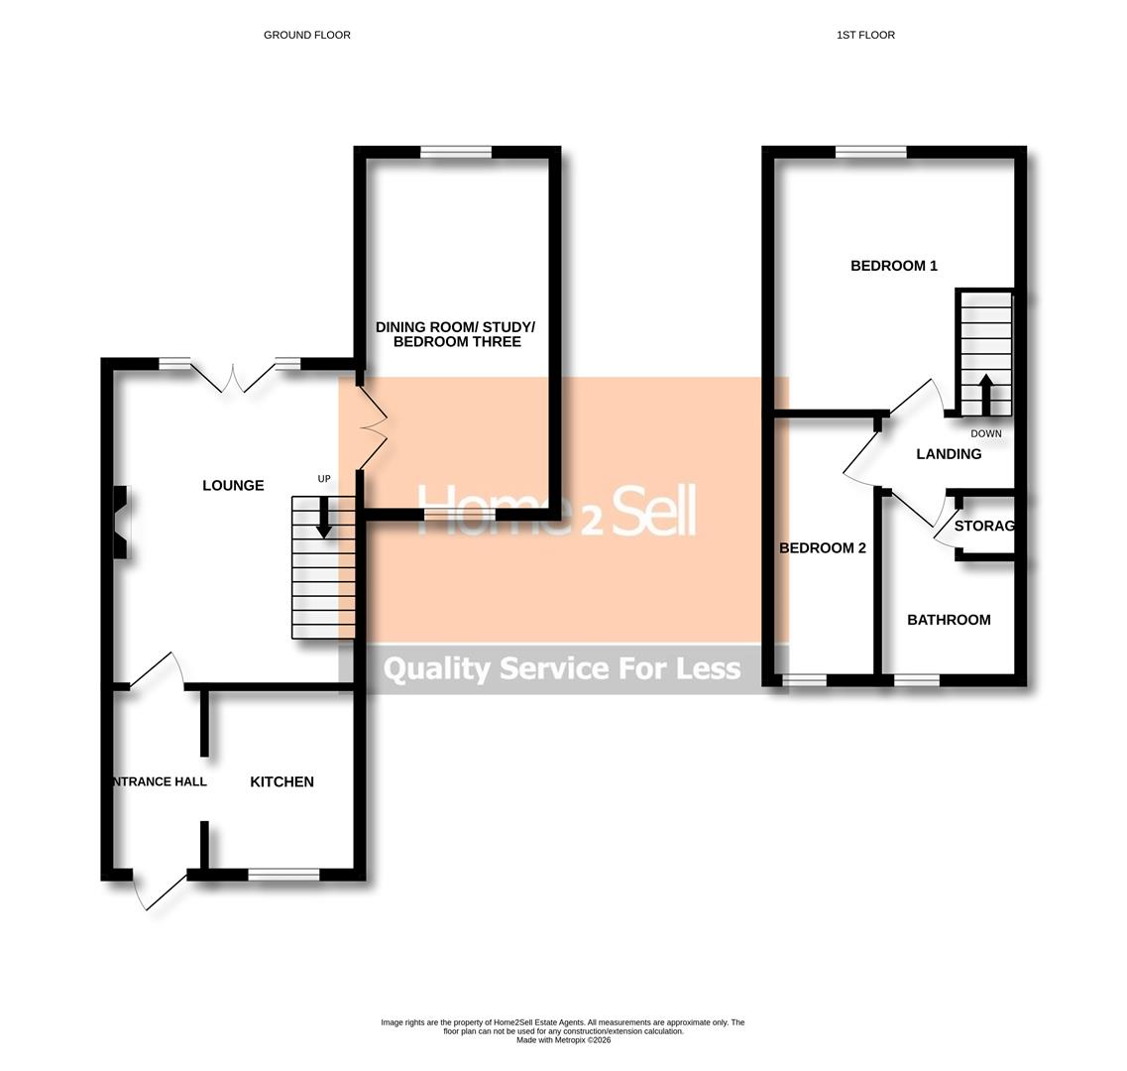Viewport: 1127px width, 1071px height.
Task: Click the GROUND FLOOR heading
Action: (x=306, y=35)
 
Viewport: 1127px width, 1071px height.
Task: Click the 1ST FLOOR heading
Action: (x=865, y=35)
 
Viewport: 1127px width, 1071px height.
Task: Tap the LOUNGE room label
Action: (x=233, y=485)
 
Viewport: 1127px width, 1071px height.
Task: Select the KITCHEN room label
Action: (x=282, y=781)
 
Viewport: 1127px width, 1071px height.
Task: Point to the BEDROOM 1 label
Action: (x=893, y=266)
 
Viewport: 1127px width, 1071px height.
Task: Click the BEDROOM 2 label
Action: (x=823, y=547)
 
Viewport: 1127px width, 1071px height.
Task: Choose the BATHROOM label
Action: (x=949, y=620)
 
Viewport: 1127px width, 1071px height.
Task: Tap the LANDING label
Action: (x=949, y=454)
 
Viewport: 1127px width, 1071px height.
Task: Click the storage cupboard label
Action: (x=984, y=526)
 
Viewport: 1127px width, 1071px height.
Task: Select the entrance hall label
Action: (x=160, y=781)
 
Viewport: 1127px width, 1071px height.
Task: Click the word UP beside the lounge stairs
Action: (x=324, y=479)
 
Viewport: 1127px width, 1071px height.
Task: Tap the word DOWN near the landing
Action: (x=985, y=433)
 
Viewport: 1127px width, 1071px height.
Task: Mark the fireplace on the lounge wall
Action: (x=121, y=523)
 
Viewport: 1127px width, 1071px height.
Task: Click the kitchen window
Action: (x=283, y=874)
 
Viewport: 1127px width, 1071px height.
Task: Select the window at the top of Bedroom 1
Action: (x=870, y=152)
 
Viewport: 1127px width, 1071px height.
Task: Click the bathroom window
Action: (x=917, y=680)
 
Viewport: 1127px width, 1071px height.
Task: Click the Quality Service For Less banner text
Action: (x=562, y=668)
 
